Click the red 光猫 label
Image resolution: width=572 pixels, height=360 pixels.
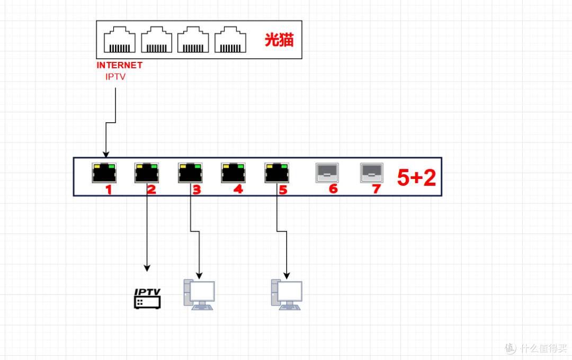[279, 40]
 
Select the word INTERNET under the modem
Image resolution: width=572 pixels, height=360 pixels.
[119, 65]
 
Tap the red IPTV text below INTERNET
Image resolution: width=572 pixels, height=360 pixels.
[115, 77]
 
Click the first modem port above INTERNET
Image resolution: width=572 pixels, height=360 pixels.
[120, 39]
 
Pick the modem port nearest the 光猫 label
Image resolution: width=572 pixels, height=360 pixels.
[230, 39]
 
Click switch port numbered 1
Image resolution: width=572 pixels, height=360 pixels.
[104, 173]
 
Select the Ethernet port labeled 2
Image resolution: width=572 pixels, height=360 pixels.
[147, 173]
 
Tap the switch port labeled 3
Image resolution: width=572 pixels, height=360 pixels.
[190, 173]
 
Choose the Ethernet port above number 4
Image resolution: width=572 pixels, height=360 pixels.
[233, 173]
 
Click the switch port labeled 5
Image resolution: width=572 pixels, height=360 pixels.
[276, 173]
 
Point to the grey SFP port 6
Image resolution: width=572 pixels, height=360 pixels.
[327, 173]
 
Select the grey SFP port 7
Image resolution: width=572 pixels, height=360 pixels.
[372, 173]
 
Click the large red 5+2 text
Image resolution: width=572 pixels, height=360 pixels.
[416, 178]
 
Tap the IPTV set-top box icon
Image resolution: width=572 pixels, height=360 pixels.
[147, 299]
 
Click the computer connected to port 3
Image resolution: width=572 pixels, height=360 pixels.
[199, 295]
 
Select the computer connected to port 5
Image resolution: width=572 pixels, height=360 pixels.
[287, 295]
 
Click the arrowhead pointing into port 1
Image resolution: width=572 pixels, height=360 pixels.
[106, 155]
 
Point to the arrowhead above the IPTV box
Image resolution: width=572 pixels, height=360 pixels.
[147, 268]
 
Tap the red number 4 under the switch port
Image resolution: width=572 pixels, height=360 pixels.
[238, 190]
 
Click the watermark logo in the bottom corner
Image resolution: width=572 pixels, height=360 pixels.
[511, 348]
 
